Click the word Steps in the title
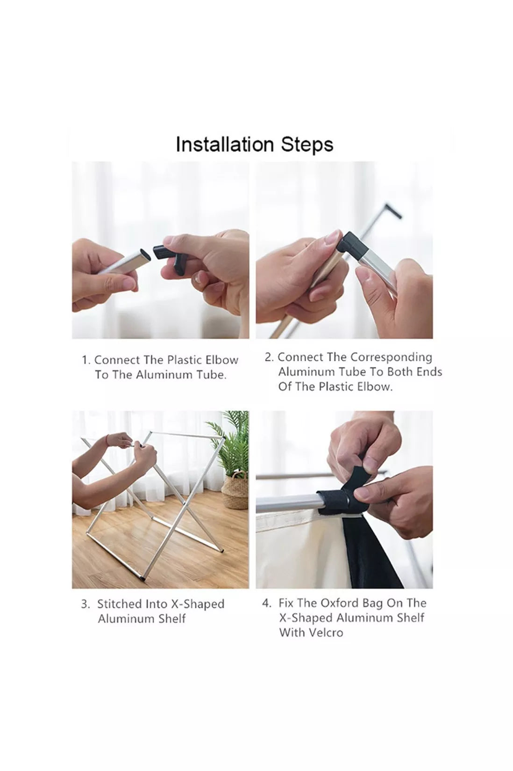coord(307,145)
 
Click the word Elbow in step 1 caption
coord(221,360)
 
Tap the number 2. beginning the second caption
coord(269,357)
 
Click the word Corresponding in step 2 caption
coord(391,358)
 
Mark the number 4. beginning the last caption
coord(266,604)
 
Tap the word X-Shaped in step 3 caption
coord(198,604)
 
